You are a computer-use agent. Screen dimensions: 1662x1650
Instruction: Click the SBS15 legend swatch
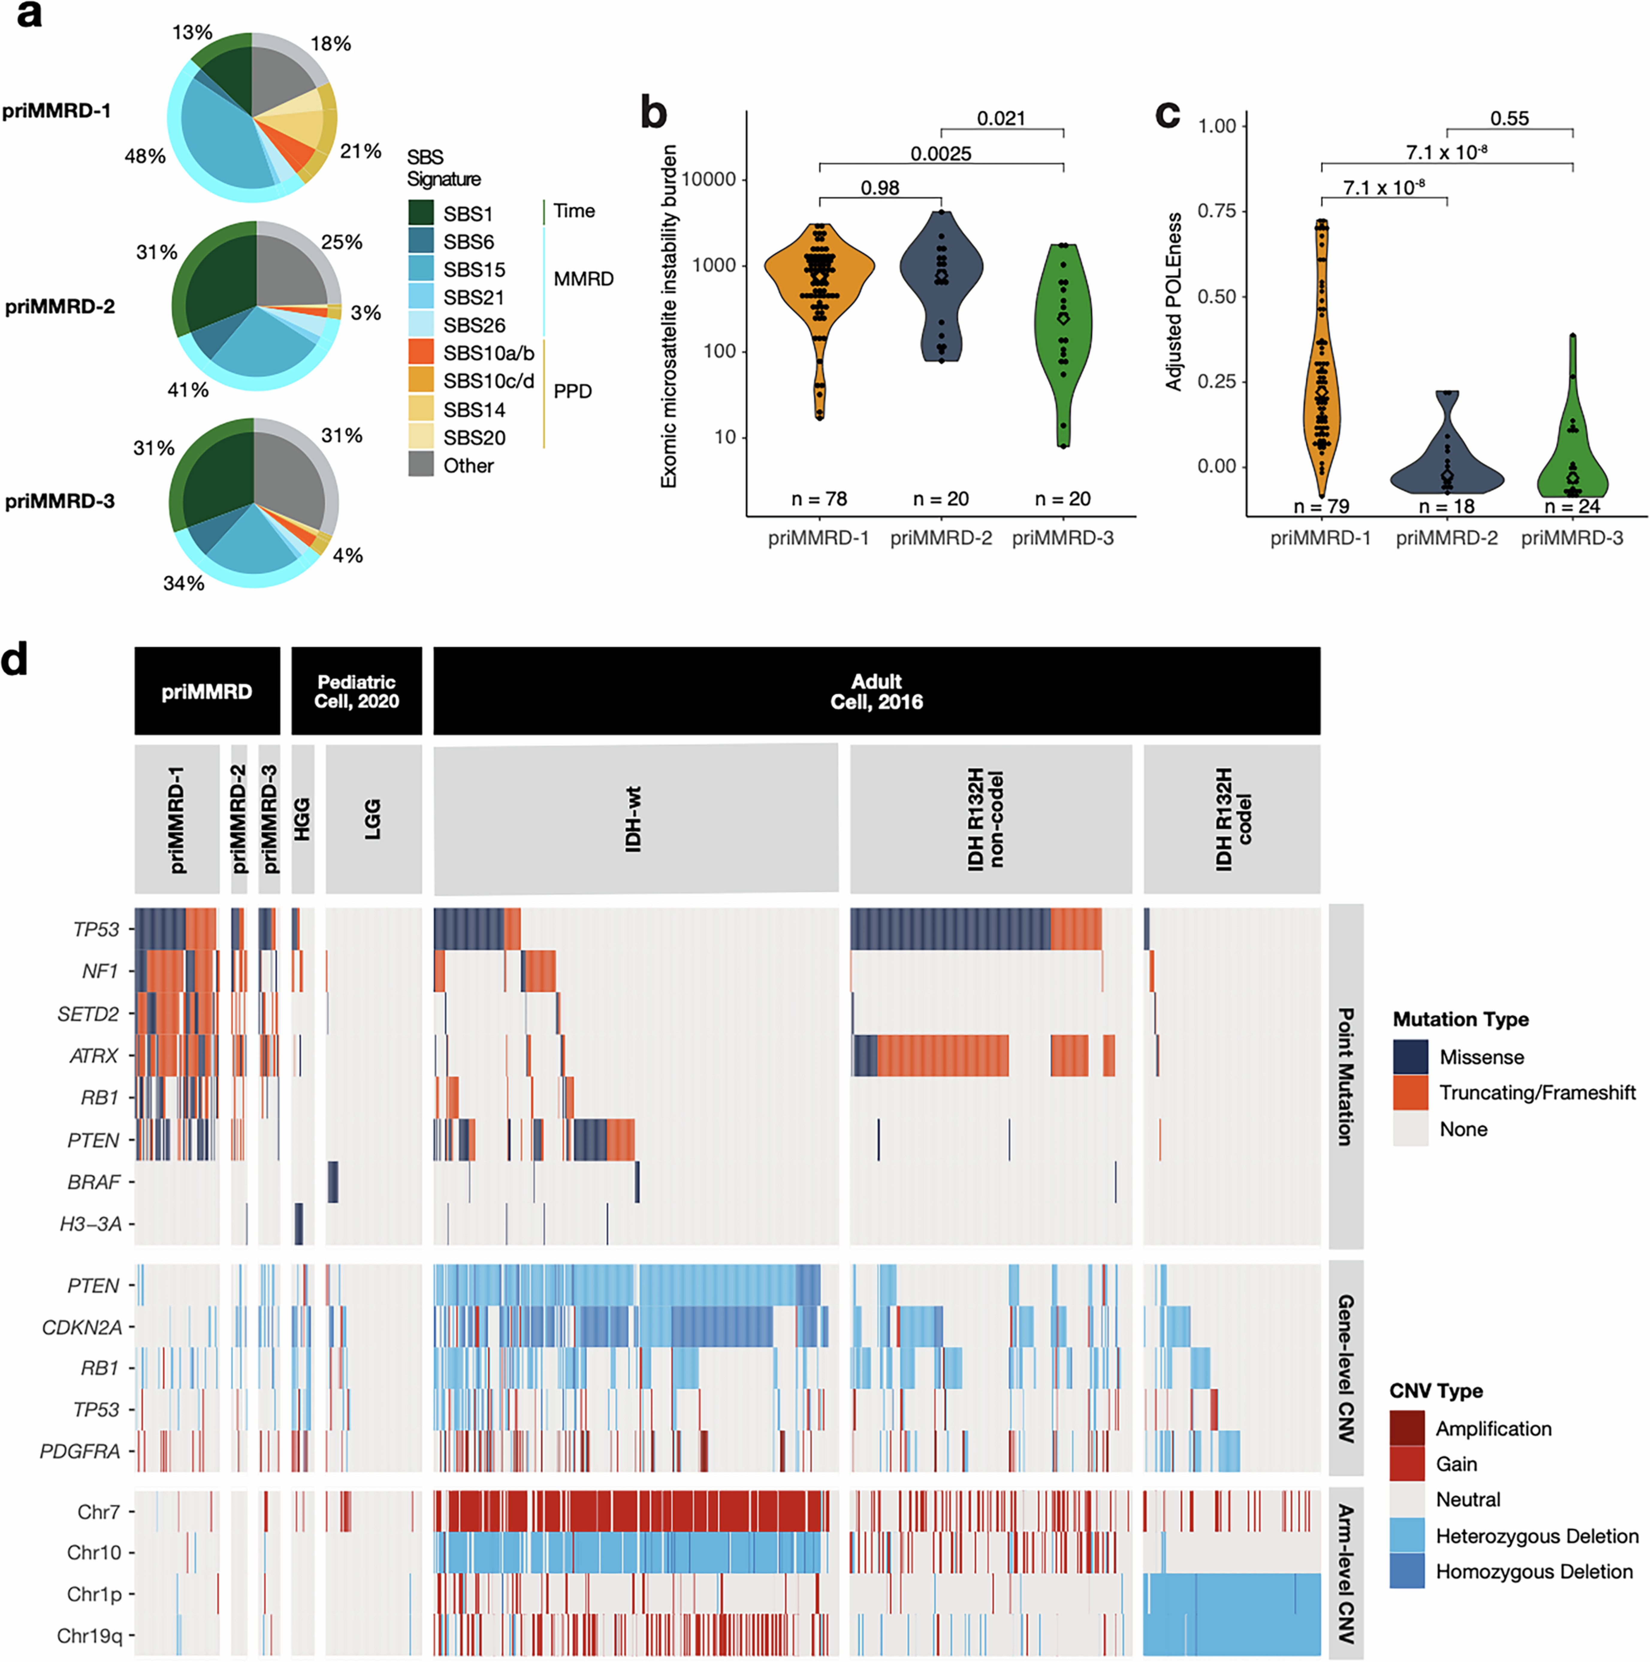tap(421, 269)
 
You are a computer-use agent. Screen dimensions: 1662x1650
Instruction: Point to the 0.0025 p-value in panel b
tap(941, 154)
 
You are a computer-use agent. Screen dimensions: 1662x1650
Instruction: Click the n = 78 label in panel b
tap(819, 499)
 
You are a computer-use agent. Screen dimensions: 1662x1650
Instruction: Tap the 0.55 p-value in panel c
tap(1510, 119)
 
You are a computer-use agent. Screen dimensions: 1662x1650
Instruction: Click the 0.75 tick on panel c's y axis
tap(1216, 211)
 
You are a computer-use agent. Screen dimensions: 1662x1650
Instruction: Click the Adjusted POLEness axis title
tap(1173, 301)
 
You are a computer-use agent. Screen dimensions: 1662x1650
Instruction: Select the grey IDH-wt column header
tap(635, 819)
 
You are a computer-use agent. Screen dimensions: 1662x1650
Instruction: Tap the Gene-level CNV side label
tap(1346, 1368)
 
